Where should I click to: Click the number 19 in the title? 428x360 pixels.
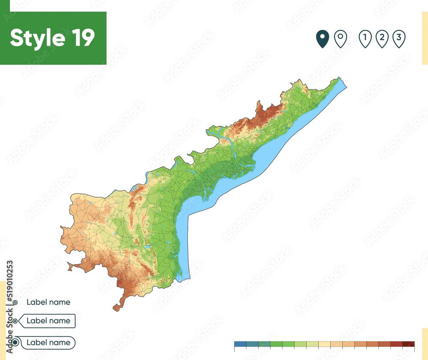80,38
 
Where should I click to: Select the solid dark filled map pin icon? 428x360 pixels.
322,39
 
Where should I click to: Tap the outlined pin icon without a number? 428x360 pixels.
340,39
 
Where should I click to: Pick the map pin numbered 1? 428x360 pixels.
365,39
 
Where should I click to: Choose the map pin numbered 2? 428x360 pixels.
381,39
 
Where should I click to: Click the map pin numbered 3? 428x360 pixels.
398,39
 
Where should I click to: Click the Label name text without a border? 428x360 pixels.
48,302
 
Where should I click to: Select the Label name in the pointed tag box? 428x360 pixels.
48,321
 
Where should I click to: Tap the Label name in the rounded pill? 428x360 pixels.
48,342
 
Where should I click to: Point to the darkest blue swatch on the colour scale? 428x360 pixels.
240,344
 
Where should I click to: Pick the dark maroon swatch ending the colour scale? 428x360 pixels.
408,344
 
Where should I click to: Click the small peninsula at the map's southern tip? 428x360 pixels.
117,307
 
